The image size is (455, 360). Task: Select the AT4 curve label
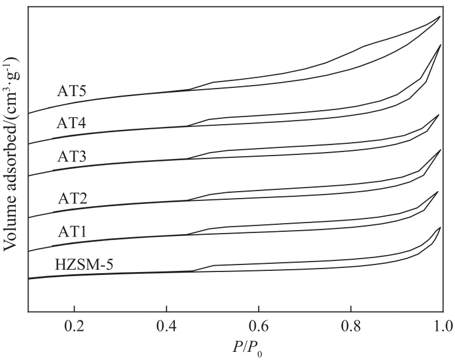[72, 123]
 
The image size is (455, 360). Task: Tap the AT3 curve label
[72, 156]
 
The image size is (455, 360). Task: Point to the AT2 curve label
[72, 197]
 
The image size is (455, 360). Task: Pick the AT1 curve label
[72, 231]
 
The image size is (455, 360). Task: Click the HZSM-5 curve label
[84, 263]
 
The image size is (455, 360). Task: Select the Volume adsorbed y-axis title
[11, 154]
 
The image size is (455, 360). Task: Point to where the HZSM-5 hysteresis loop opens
[193, 271]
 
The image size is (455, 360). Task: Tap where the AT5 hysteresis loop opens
[189, 90]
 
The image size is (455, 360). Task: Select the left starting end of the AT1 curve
[28, 252]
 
